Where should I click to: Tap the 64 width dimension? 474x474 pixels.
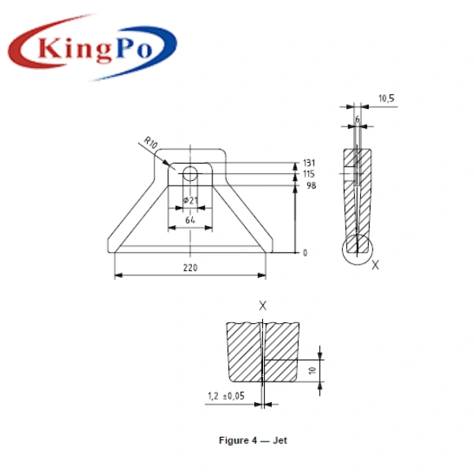(190, 220)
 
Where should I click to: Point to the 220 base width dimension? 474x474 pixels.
(190, 268)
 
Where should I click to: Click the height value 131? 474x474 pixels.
(309, 163)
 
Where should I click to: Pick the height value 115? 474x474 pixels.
(309, 173)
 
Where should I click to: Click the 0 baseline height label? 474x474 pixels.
(305, 253)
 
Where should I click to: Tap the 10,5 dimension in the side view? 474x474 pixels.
(386, 99)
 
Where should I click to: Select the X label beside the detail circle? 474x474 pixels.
(375, 265)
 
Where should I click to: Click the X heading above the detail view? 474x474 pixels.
(263, 305)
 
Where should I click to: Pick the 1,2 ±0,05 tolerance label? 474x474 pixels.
(225, 395)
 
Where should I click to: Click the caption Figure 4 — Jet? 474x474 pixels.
(253, 440)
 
